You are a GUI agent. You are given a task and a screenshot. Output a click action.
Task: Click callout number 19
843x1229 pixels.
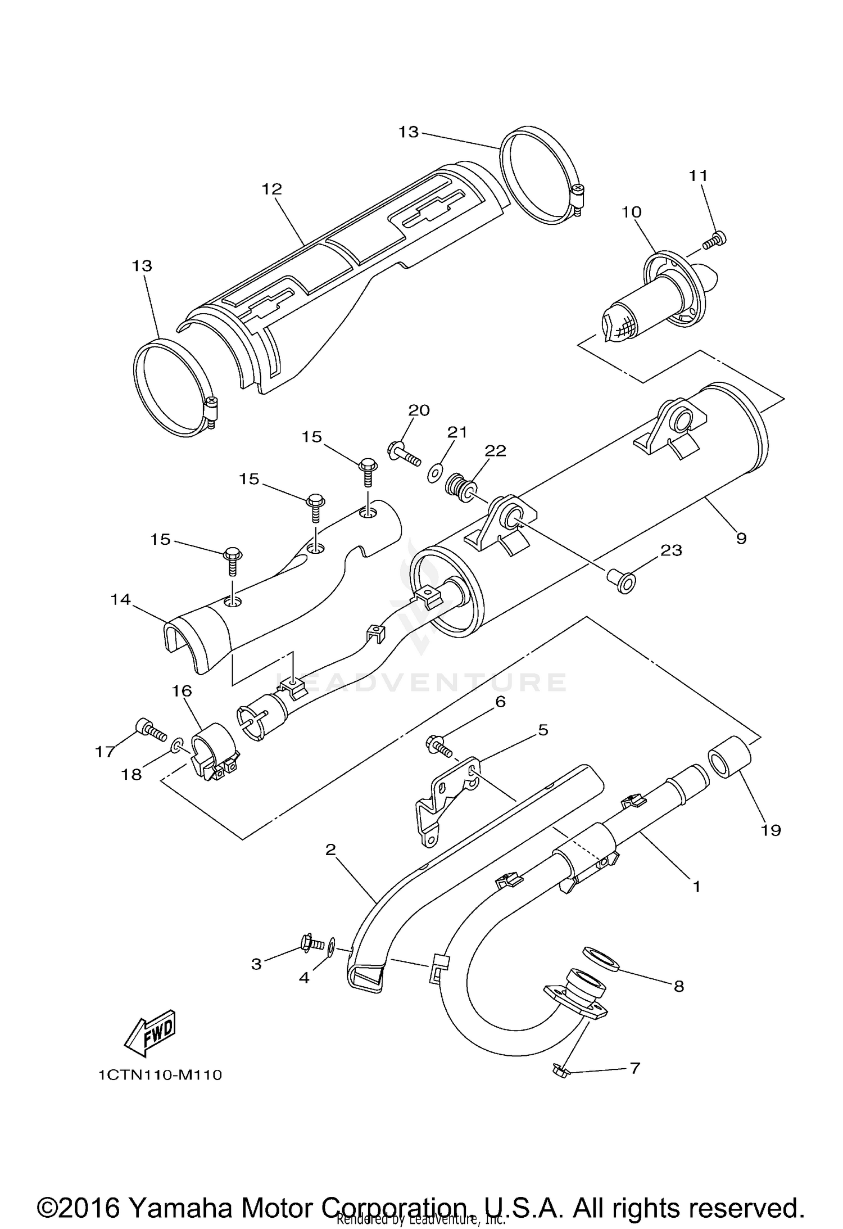(771, 830)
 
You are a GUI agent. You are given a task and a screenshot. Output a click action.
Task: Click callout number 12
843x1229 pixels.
(271, 189)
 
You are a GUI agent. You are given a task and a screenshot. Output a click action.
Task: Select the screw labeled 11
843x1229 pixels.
(715, 241)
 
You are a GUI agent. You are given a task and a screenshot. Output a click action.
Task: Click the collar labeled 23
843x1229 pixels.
(621, 581)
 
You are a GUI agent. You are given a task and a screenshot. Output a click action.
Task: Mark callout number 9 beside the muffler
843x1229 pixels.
(741, 538)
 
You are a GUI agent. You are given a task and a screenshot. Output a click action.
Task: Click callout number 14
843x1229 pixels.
(120, 600)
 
